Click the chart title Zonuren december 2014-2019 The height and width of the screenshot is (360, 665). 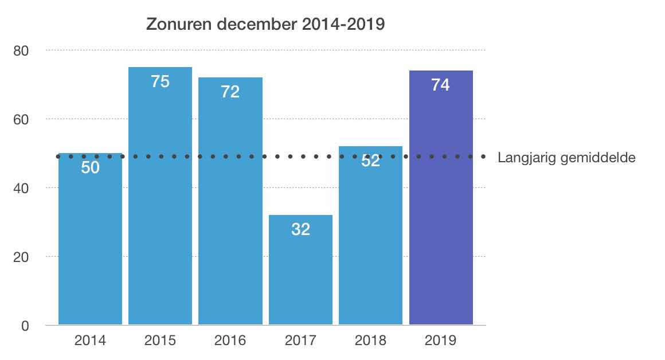[265, 25]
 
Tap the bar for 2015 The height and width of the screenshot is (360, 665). [160, 201]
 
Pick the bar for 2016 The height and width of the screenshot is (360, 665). [230, 206]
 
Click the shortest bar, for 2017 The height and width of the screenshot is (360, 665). [300, 275]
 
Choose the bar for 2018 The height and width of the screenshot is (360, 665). [370, 241]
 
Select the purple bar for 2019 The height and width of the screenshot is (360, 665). [441, 201]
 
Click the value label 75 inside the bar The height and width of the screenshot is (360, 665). [160, 82]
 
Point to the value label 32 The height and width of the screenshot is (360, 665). [300, 229]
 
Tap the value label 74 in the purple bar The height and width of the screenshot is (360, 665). [441, 85]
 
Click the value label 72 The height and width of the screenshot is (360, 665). [230, 92]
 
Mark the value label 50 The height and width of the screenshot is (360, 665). [91, 168]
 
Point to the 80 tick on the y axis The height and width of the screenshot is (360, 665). [21, 50]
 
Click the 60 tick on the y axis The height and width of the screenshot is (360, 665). [21, 119]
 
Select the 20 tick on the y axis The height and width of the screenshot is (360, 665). [21, 257]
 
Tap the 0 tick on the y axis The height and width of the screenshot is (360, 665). [25, 326]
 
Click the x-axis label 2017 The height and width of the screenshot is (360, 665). [300, 341]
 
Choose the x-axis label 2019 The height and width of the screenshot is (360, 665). [441, 341]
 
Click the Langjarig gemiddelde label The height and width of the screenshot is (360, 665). [566, 158]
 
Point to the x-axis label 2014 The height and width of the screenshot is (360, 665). [91, 341]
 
